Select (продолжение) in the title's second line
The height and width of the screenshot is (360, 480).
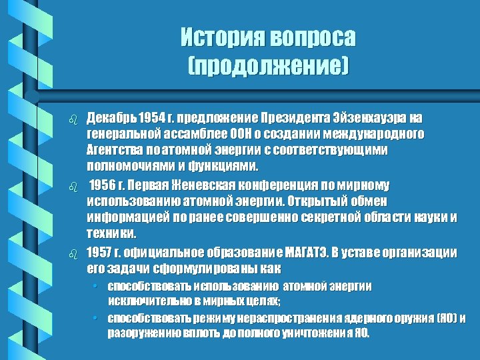[269, 65]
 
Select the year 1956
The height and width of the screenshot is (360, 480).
[104, 185]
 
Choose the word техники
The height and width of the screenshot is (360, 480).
[110, 233]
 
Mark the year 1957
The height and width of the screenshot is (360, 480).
[100, 253]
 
